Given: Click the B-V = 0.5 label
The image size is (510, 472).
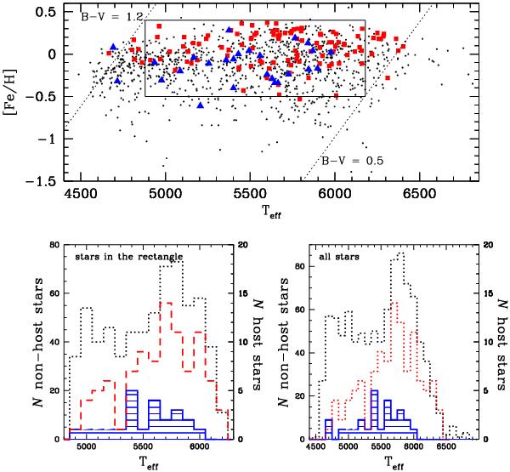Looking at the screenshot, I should click(x=349, y=160).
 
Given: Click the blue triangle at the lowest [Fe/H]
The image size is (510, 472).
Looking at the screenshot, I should click(x=201, y=105).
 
